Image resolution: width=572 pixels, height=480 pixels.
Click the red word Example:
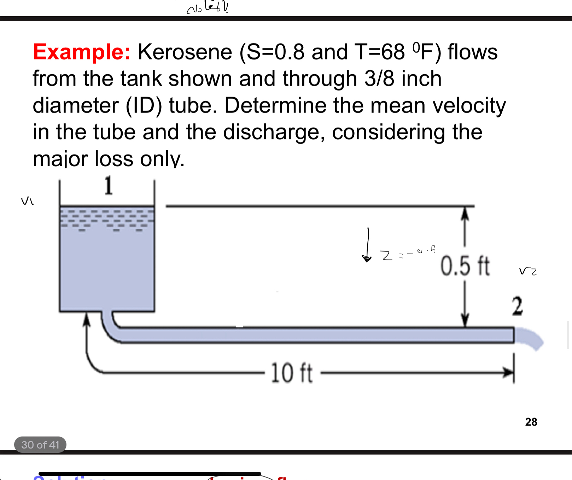81,52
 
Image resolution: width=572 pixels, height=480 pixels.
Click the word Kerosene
185,52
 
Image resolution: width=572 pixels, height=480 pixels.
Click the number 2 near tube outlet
517,306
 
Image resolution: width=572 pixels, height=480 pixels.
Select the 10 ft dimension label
292,373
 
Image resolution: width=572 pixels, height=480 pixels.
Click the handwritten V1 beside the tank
27,201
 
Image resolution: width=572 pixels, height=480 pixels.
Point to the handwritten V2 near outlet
527,271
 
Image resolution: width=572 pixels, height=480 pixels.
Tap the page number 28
531,422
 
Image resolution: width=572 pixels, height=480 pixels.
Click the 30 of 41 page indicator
40,445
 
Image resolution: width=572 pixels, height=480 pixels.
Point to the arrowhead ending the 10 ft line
509,372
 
